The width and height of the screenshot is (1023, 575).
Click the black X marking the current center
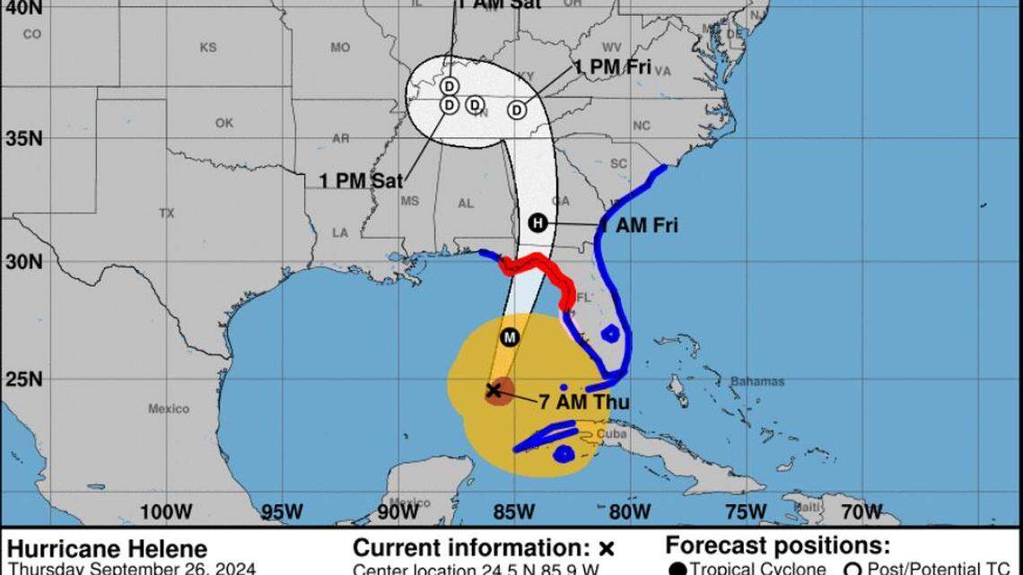[493, 390]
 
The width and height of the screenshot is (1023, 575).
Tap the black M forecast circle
[510, 337]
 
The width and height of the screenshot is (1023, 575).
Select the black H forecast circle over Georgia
[537, 223]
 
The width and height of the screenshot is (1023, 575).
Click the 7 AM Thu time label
[583, 402]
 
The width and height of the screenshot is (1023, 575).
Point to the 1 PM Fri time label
[613, 68]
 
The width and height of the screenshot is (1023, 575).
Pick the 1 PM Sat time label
[361, 179]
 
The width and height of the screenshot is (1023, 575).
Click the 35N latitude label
[24, 139]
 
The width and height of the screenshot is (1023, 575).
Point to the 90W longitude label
[398, 511]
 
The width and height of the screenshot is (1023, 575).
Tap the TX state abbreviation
[166, 213]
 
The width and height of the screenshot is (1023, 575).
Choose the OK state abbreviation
[223, 123]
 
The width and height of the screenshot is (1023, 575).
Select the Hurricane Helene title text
[108, 548]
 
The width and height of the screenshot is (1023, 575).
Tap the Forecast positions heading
[777, 546]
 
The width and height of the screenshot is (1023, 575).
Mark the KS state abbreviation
[208, 48]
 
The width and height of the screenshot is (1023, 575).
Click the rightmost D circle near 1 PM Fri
[517, 109]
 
